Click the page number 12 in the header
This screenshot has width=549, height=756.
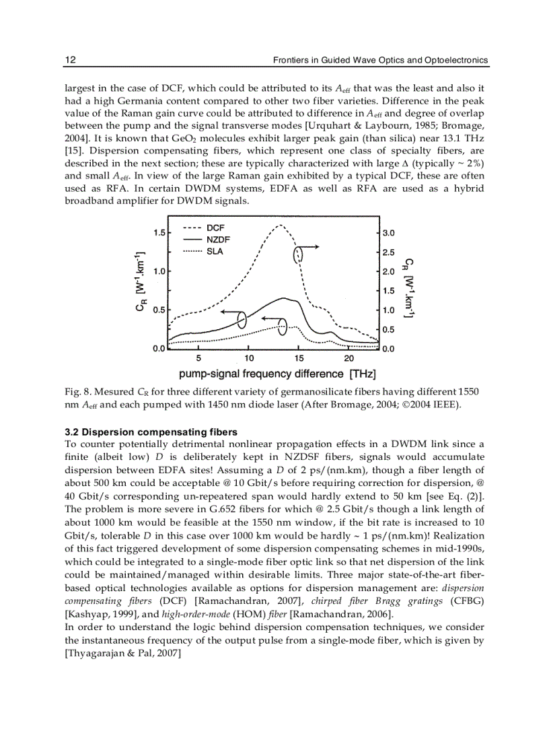[x=70, y=61]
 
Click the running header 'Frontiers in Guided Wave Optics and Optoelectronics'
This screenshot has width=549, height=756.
[x=380, y=61]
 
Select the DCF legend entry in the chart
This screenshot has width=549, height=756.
[x=205, y=228]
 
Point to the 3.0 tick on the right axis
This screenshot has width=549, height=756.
[x=388, y=233]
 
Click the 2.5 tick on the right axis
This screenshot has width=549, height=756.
[x=388, y=253]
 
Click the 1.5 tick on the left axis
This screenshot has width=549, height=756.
[x=159, y=233]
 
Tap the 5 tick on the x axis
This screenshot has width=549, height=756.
[x=199, y=358]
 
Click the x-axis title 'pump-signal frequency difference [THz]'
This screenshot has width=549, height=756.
[x=277, y=374]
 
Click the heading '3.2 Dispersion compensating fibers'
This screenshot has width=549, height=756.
[x=151, y=432]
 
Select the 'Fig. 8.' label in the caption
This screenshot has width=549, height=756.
[x=77, y=391]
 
